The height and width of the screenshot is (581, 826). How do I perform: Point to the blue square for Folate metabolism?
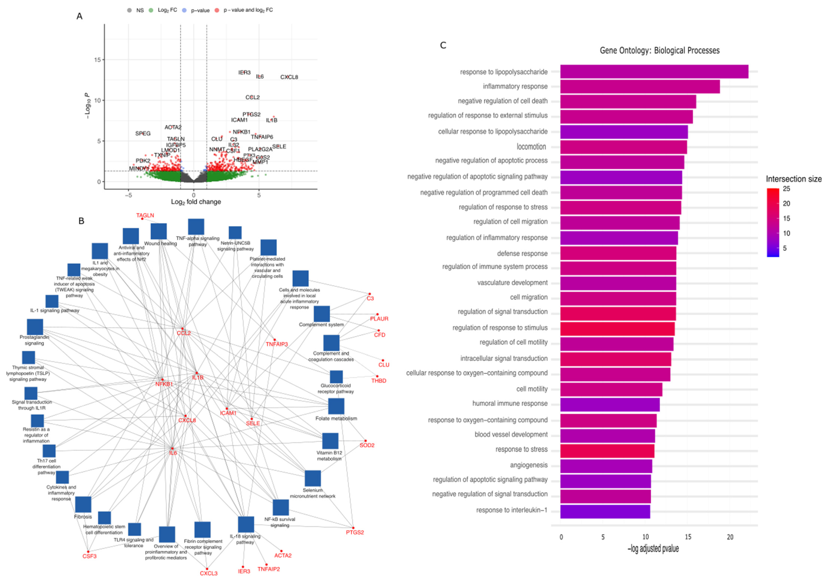point(336,406)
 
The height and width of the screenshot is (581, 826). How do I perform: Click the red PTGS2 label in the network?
point(355,532)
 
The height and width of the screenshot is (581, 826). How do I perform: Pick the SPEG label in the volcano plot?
point(143,134)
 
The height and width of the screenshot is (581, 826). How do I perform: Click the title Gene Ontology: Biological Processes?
point(659,50)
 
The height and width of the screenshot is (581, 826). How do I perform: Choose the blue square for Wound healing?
point(159,231)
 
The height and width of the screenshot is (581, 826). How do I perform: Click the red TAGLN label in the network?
point(145,215)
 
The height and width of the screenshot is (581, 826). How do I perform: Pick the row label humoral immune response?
point(510,403)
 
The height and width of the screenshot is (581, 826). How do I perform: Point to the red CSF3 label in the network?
point(90,556)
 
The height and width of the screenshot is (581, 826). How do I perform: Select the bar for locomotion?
point(623,147)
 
